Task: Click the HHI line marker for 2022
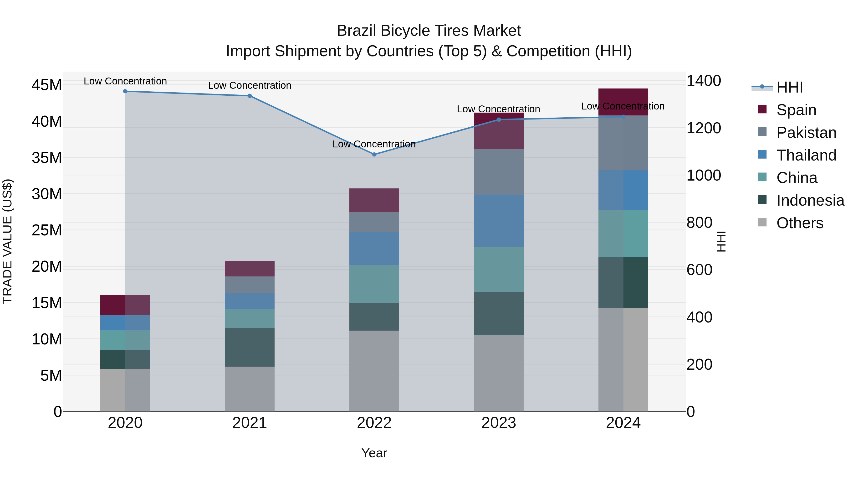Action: click(x=374, y=154)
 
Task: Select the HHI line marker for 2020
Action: click(x=125, y=91)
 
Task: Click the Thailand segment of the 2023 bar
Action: click(x=499, y=221)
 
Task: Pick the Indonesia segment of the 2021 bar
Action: click(x=250, y=347)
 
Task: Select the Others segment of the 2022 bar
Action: click(x=374, y=371)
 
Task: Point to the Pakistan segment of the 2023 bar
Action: click(x=499, y=172)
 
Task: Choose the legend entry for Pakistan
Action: click(x=806, y=133)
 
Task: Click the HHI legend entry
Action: click(x=789, y=87)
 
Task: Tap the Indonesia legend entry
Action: click(x=810, y=200)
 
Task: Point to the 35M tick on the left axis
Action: click(x=47, y=158)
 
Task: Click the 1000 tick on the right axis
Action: click(x=704, y=175)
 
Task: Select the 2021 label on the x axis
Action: click(x=250, y=423)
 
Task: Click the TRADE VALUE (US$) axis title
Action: click(x=7, y=241)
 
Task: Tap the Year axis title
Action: click(x=374, y=453)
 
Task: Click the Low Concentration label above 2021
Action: click(x=250, y=85)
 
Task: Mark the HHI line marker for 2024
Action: click(x=623, y=117)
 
